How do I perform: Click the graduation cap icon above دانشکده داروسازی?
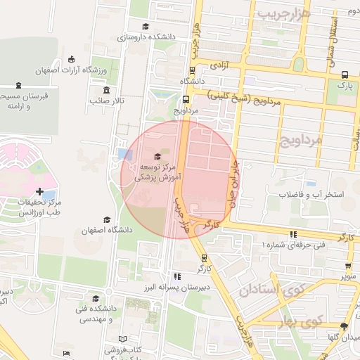tap(145, 27)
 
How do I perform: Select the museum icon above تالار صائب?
tap(106, 90)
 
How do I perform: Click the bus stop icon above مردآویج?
tap(186, 99)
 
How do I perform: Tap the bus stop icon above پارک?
tap(344, 74)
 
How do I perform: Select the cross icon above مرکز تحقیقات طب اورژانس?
tap(39, 191)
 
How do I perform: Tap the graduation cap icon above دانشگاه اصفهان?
tap(107, 219)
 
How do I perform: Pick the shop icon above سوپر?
tap(348, 266)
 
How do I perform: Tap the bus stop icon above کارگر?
tap(204, 258)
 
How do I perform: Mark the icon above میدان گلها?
tap(344, 326)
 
